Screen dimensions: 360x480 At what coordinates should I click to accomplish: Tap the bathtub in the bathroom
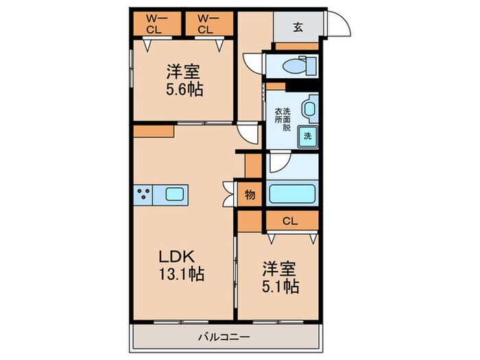click(291, 193)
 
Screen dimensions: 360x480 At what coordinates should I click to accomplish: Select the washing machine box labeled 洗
click(307, 136)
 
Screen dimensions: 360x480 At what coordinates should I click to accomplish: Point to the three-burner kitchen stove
click(144, 194)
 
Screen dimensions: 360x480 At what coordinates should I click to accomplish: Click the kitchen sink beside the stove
click(172, 194)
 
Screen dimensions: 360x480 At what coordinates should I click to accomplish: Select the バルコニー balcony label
click(224, 337)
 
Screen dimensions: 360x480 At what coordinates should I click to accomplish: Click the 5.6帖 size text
click(184, 89)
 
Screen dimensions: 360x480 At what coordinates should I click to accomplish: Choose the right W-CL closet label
click(205, 24)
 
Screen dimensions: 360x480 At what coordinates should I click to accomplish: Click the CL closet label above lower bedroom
click(291, 221)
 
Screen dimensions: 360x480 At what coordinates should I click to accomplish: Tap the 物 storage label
click(250, 194)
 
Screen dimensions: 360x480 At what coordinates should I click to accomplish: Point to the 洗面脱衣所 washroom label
click(283, 119)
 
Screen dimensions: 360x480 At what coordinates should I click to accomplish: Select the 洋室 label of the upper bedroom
click(184, 71)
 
